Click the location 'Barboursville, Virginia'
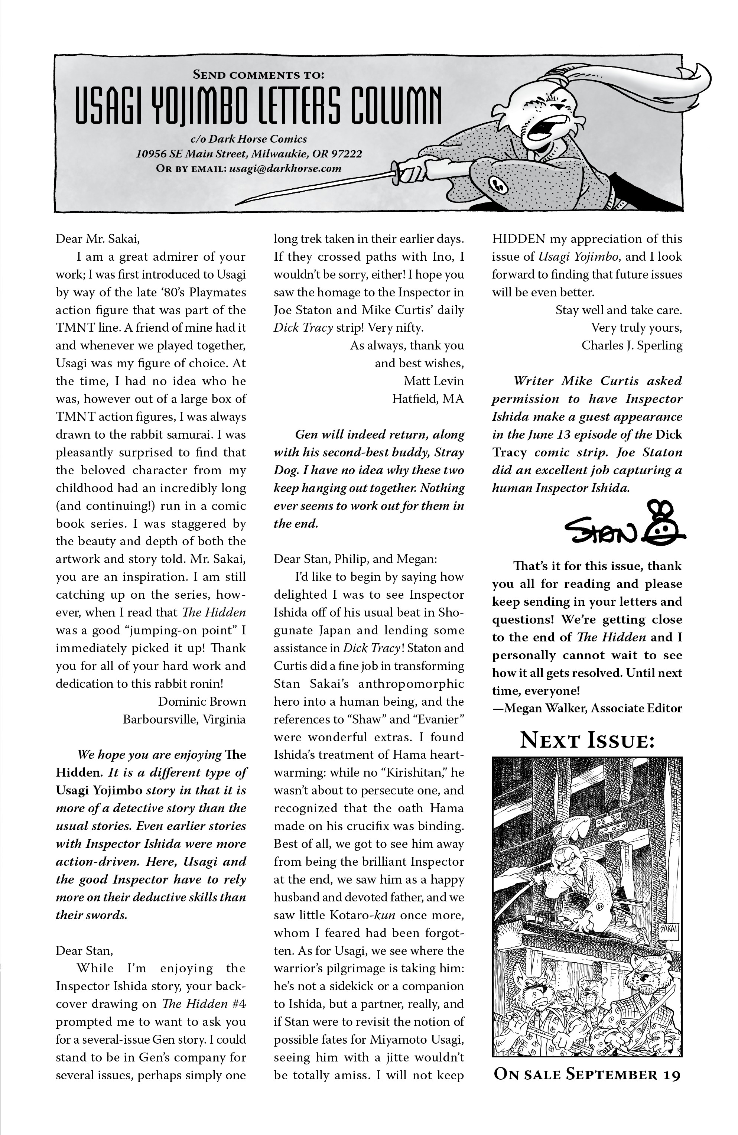(x=184, y=719)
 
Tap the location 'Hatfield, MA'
(x=427, y=399)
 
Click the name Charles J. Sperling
(x=632, y=345)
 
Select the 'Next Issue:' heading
(x=586, y=741)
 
